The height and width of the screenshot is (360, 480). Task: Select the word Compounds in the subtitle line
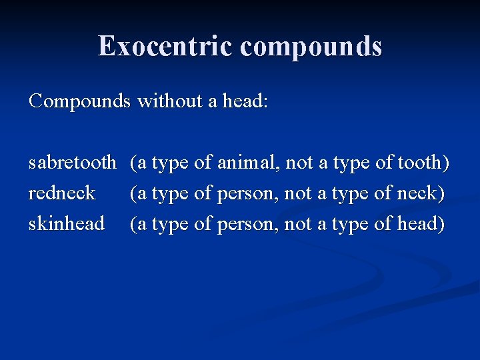coord(80,101)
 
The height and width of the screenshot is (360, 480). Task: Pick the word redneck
coord(62,193)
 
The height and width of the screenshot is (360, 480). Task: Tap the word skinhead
coord(67,223)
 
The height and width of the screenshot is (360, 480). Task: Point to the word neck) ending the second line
coord(421,193)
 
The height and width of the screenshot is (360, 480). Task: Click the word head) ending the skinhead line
coord(421,223)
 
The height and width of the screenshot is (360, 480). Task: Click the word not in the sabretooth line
coord(299,162)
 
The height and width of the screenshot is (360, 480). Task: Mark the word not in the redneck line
coord(298,193)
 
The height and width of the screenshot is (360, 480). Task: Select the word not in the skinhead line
coord(298,223)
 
